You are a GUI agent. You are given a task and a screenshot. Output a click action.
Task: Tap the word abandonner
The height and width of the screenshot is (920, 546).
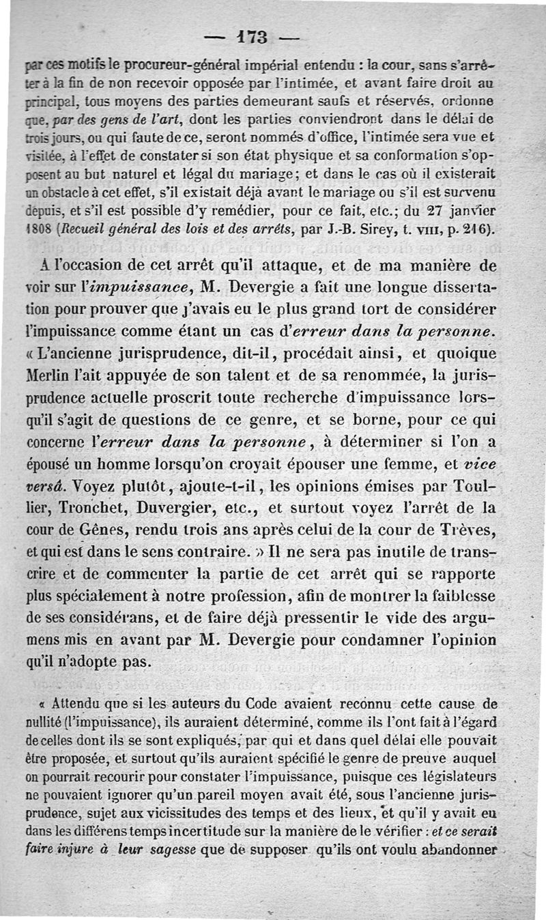pyautogui.click(x=461, y=850)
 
